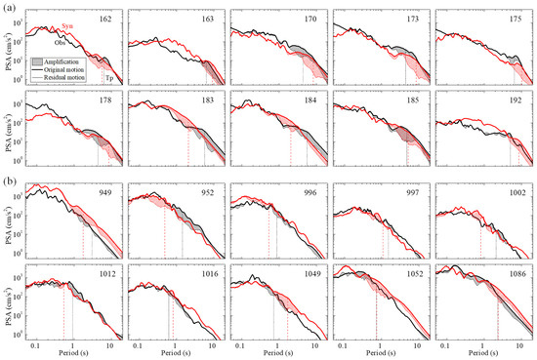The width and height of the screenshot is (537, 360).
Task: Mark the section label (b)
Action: coord(9,180)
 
